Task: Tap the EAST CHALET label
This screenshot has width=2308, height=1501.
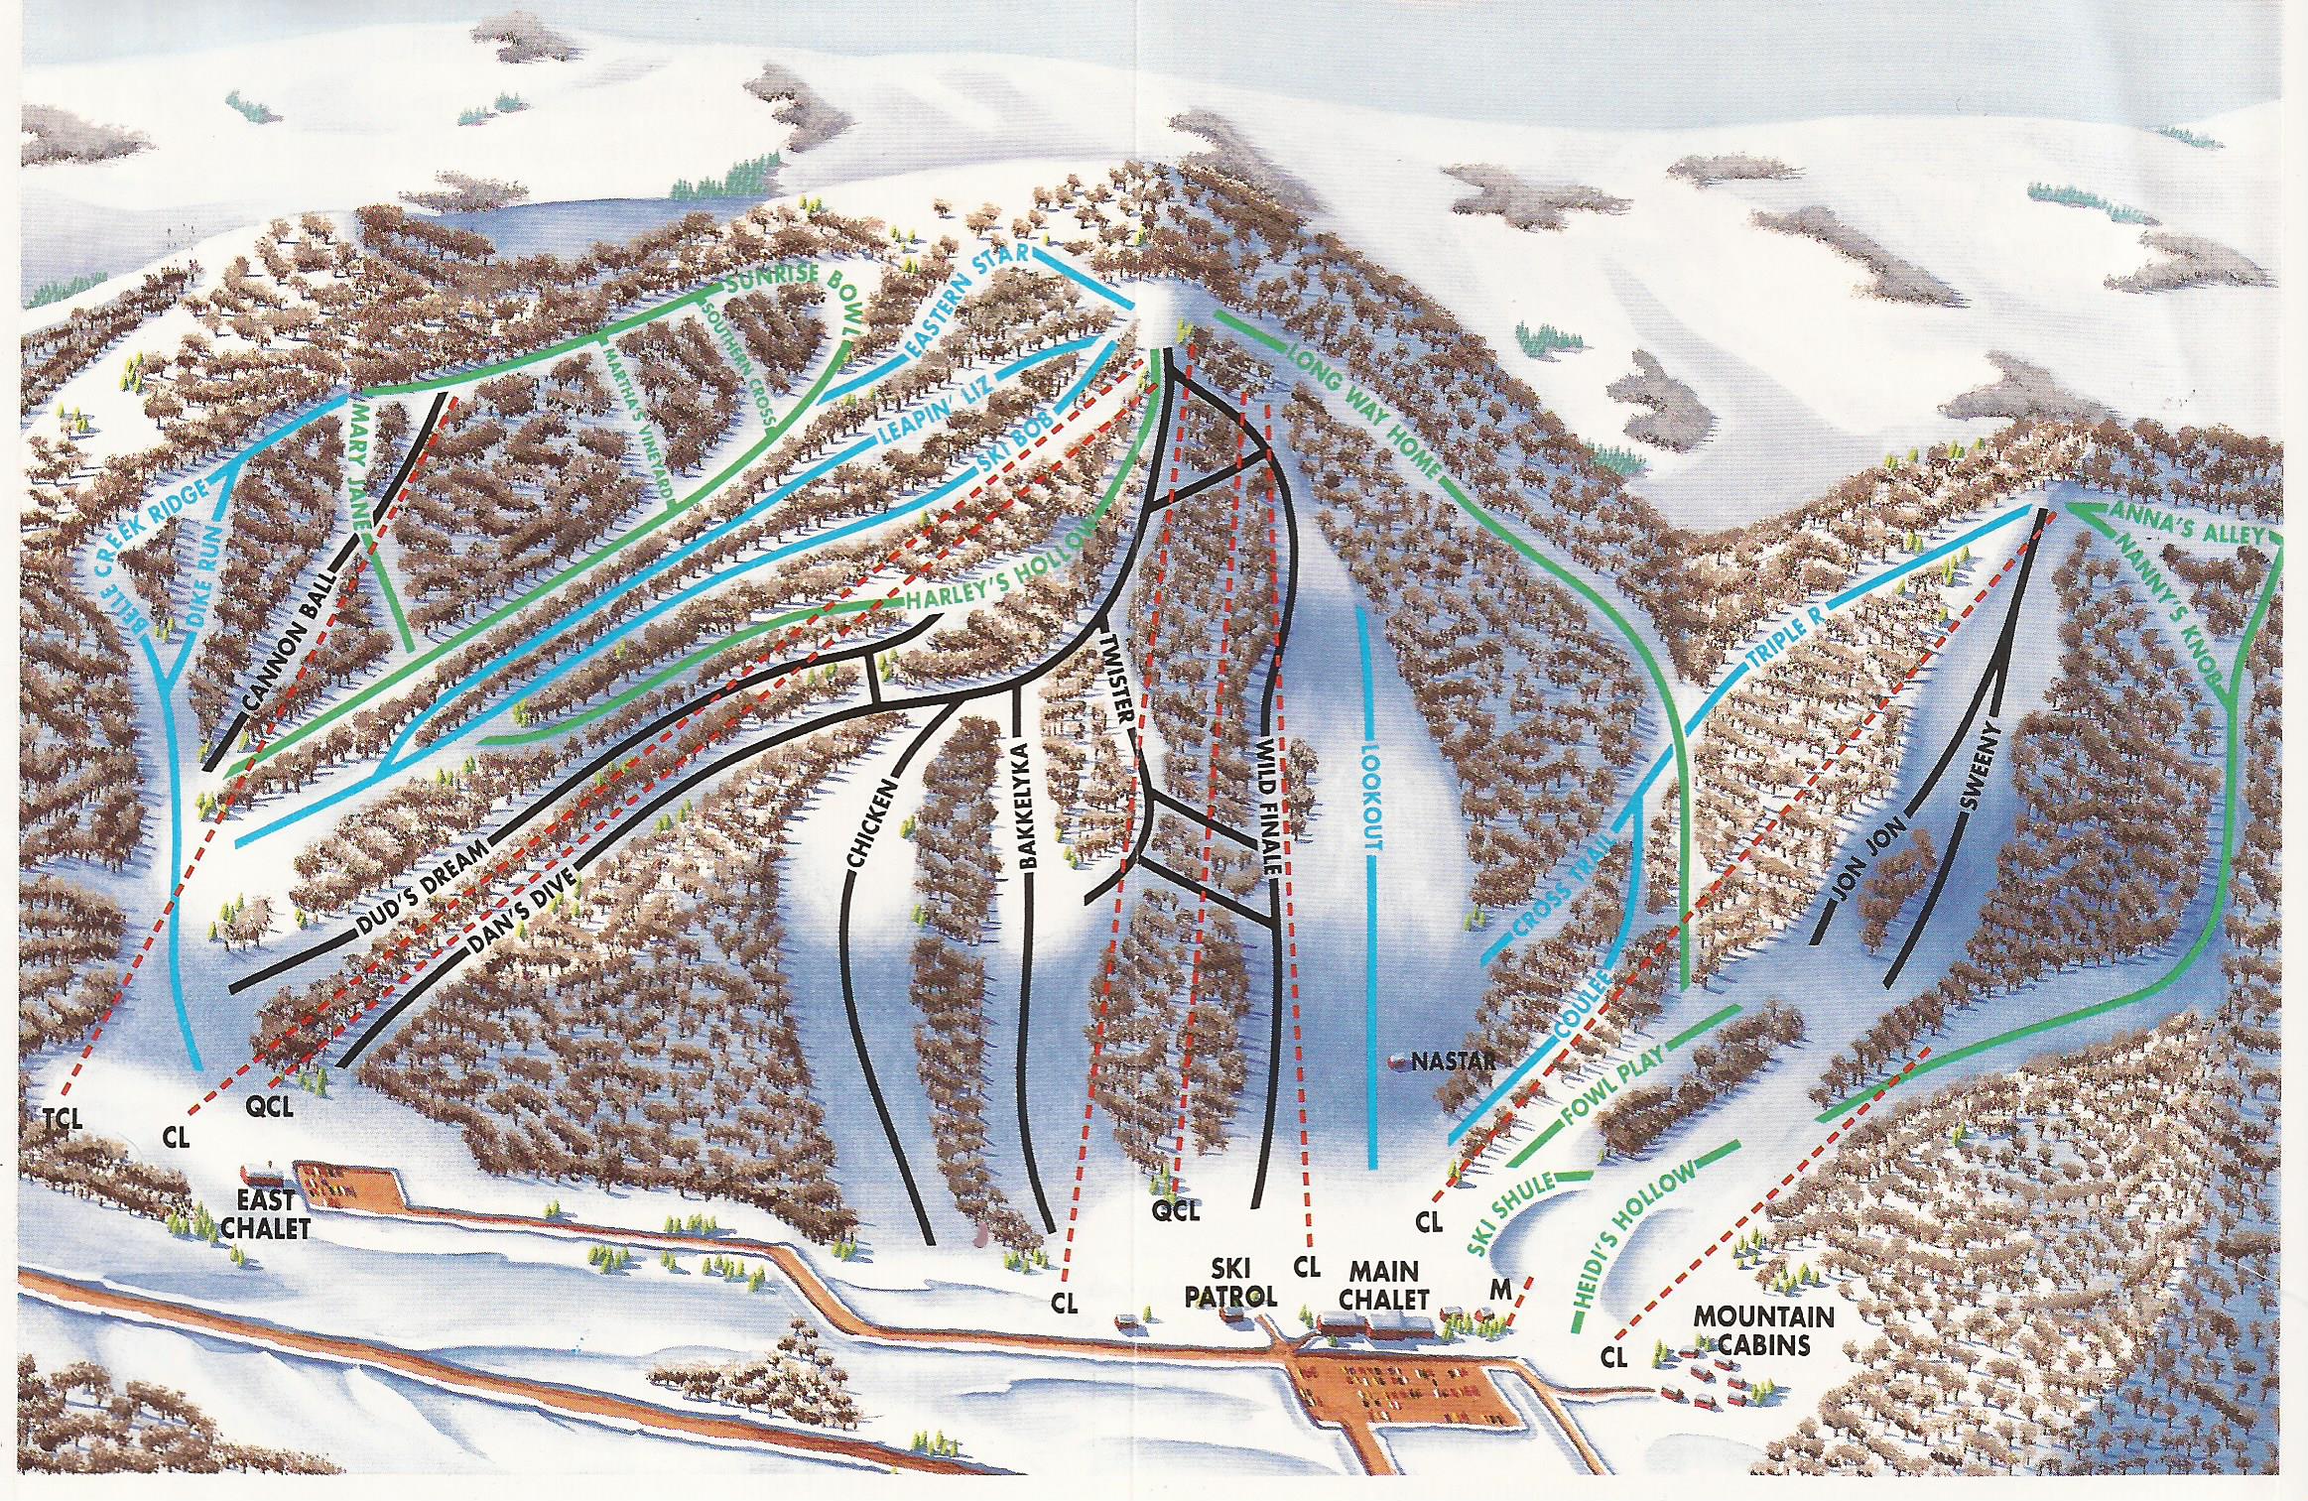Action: pos(265,1214)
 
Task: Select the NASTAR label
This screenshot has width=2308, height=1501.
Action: pos(1452,1063)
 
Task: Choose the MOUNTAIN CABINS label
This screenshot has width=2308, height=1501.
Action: pos(1763,1330)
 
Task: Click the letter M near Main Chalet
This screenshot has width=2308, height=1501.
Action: pos(1500,1290)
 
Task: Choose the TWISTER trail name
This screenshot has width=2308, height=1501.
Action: pos(1118,674)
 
